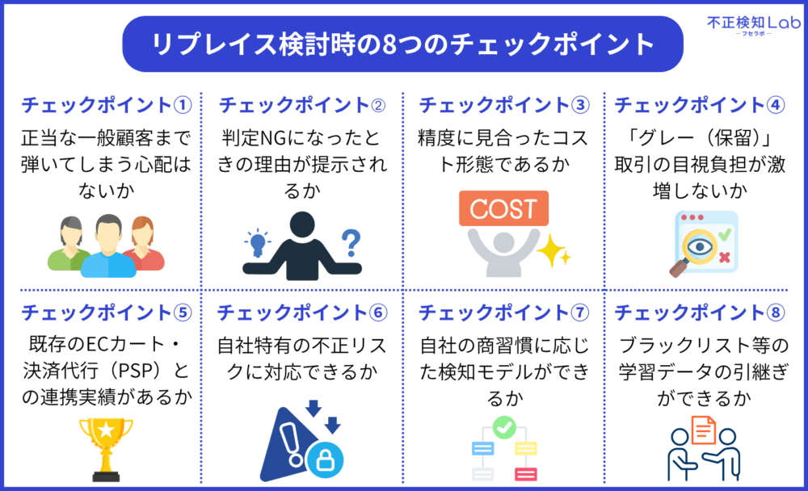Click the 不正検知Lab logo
click(753, 25)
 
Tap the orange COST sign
click(503, 208)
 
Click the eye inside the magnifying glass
click(700, 247)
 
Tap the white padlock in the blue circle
click(325, 460)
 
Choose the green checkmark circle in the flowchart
click(504, 427)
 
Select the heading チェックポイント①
click(106, 105)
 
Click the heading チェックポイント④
click(699, 105)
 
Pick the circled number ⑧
click(776, 313)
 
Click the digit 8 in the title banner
click(389, 44)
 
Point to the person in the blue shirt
click(108, 246)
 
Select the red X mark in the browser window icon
click(725, 257)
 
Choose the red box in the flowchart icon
click(526, 473)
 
